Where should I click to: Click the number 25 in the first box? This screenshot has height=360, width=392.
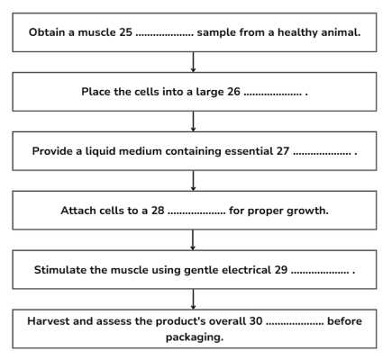pos(125,32)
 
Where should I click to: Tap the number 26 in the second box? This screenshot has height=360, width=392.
pos(233,92)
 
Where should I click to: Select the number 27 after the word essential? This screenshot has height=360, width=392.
pos(283,151)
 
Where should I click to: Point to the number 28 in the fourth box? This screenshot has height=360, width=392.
pos(158,211)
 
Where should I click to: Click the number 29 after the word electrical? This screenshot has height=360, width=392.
pos(281,270)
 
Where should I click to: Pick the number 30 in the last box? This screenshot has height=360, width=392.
pos(256,321)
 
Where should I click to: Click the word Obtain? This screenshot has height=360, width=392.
pos(47,32)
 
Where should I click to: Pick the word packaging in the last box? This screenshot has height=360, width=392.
pos(195,337)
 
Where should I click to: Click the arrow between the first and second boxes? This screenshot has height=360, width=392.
pos(193,62)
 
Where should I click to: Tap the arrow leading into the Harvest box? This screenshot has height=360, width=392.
pos(193,300)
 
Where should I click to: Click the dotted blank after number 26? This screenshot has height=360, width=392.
pos(272,94)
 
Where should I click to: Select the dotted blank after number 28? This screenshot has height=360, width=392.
pos(196,213)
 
